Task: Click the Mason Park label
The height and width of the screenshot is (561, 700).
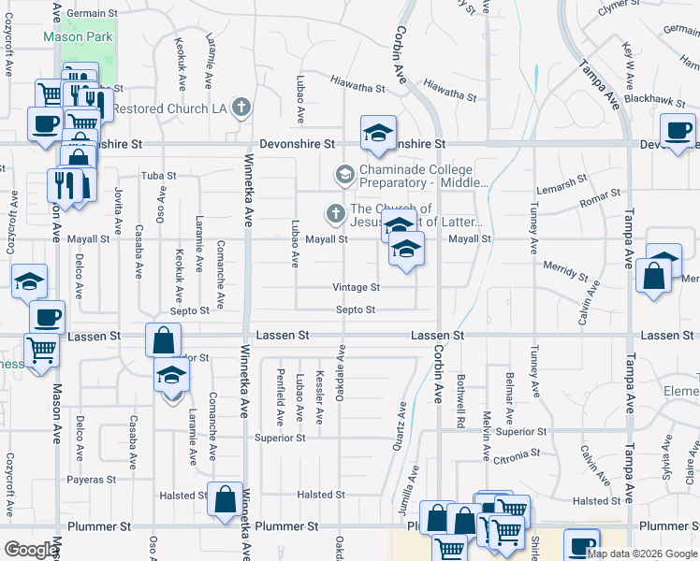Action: pos(80,38)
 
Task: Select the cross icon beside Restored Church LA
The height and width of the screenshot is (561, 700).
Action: pos(241,108)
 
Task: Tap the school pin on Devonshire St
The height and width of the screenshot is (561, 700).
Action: pos(378,134)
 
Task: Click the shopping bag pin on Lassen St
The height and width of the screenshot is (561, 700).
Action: pos(163,339)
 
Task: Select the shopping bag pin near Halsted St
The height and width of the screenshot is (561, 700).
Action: pos(226,500)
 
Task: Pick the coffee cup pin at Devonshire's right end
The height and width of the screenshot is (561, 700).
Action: pos(678,131)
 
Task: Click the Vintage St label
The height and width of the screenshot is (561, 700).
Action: pos(356,288)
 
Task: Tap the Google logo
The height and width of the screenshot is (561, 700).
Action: pos(31,550)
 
